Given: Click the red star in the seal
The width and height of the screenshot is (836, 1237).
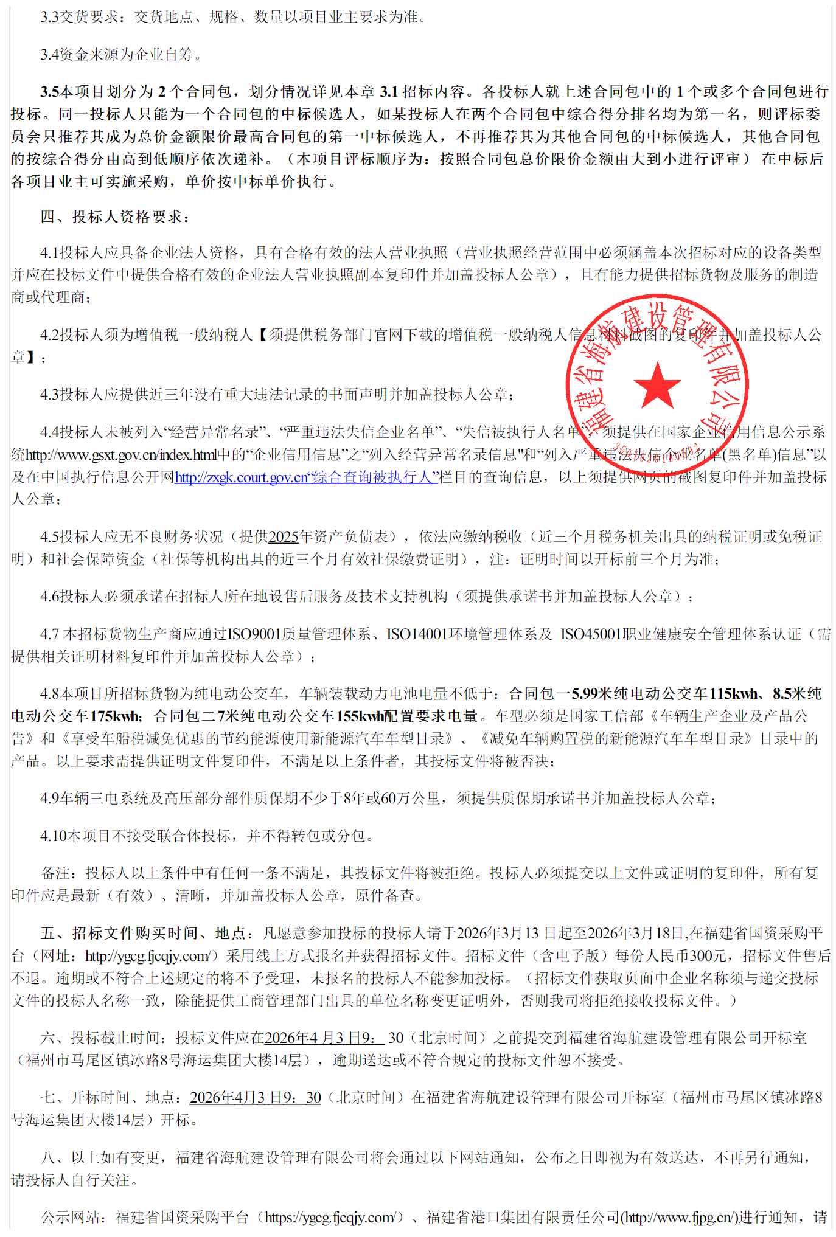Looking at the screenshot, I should [657, 385].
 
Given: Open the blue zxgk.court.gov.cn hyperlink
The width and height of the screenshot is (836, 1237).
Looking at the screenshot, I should [306, 477].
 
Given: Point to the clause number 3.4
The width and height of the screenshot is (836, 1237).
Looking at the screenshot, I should [50, 55].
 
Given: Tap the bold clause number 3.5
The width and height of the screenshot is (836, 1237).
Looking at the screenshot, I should [50, 92].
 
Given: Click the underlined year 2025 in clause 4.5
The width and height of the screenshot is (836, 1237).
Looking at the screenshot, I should [284, 537].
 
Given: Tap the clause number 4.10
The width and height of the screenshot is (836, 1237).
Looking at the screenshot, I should [54, 836].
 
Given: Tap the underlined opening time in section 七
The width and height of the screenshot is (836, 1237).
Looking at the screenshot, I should [256, 1098].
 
